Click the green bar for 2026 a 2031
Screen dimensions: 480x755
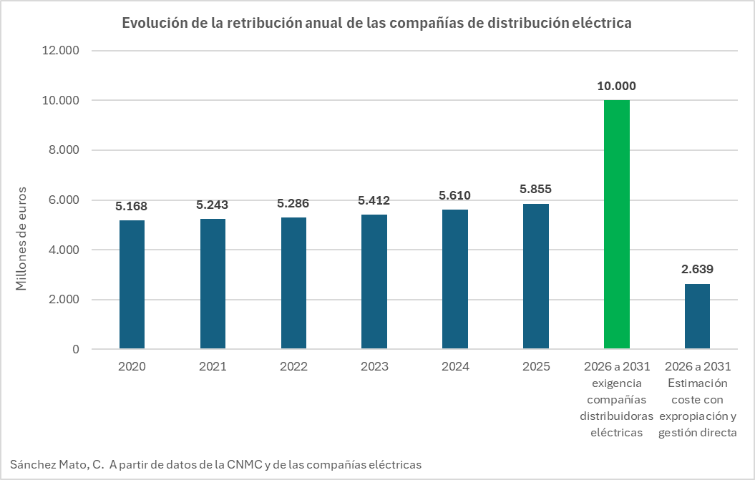pyautogui.click(x=616, y=225)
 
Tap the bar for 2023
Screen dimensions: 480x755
pyautogui.click(x=374, y=282)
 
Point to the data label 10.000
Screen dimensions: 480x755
pyautogui.click(x=616, y=86)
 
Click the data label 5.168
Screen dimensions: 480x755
pyautogui.click(x=132, y=206)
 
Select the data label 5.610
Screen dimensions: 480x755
pyautogui.click(x=455, y=195)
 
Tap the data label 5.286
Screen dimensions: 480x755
pyautogui.click(x=293, y=203)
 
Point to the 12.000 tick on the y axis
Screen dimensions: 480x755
pyautogui.click(x=62, y=51)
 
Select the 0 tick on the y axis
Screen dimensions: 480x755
pyautogui.click(x=75, y=350)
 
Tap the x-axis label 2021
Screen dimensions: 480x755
pyautogui.click(x=213, y=367)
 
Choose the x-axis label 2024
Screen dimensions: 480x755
pyautogui.click(x=455, y=367)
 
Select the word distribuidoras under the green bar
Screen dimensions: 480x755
pyautogui.click(x=616, y=416)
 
